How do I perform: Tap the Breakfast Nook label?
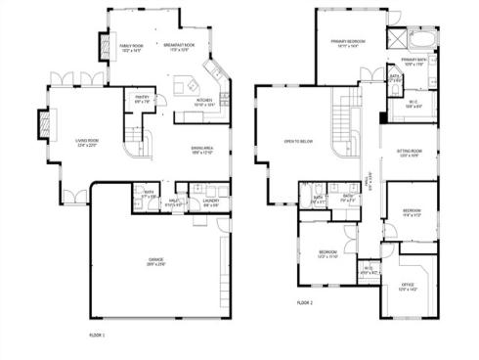(176, 47)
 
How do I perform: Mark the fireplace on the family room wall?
(105, 46)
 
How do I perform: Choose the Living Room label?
(89, 143)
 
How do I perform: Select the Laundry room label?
(210, 202)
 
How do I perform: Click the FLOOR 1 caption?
(96, 336)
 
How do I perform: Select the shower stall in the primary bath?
(396, 40)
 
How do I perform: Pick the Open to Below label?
(297, 141)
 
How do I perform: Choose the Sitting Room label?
(409, 153)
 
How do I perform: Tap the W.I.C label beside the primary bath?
(414, 104)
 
